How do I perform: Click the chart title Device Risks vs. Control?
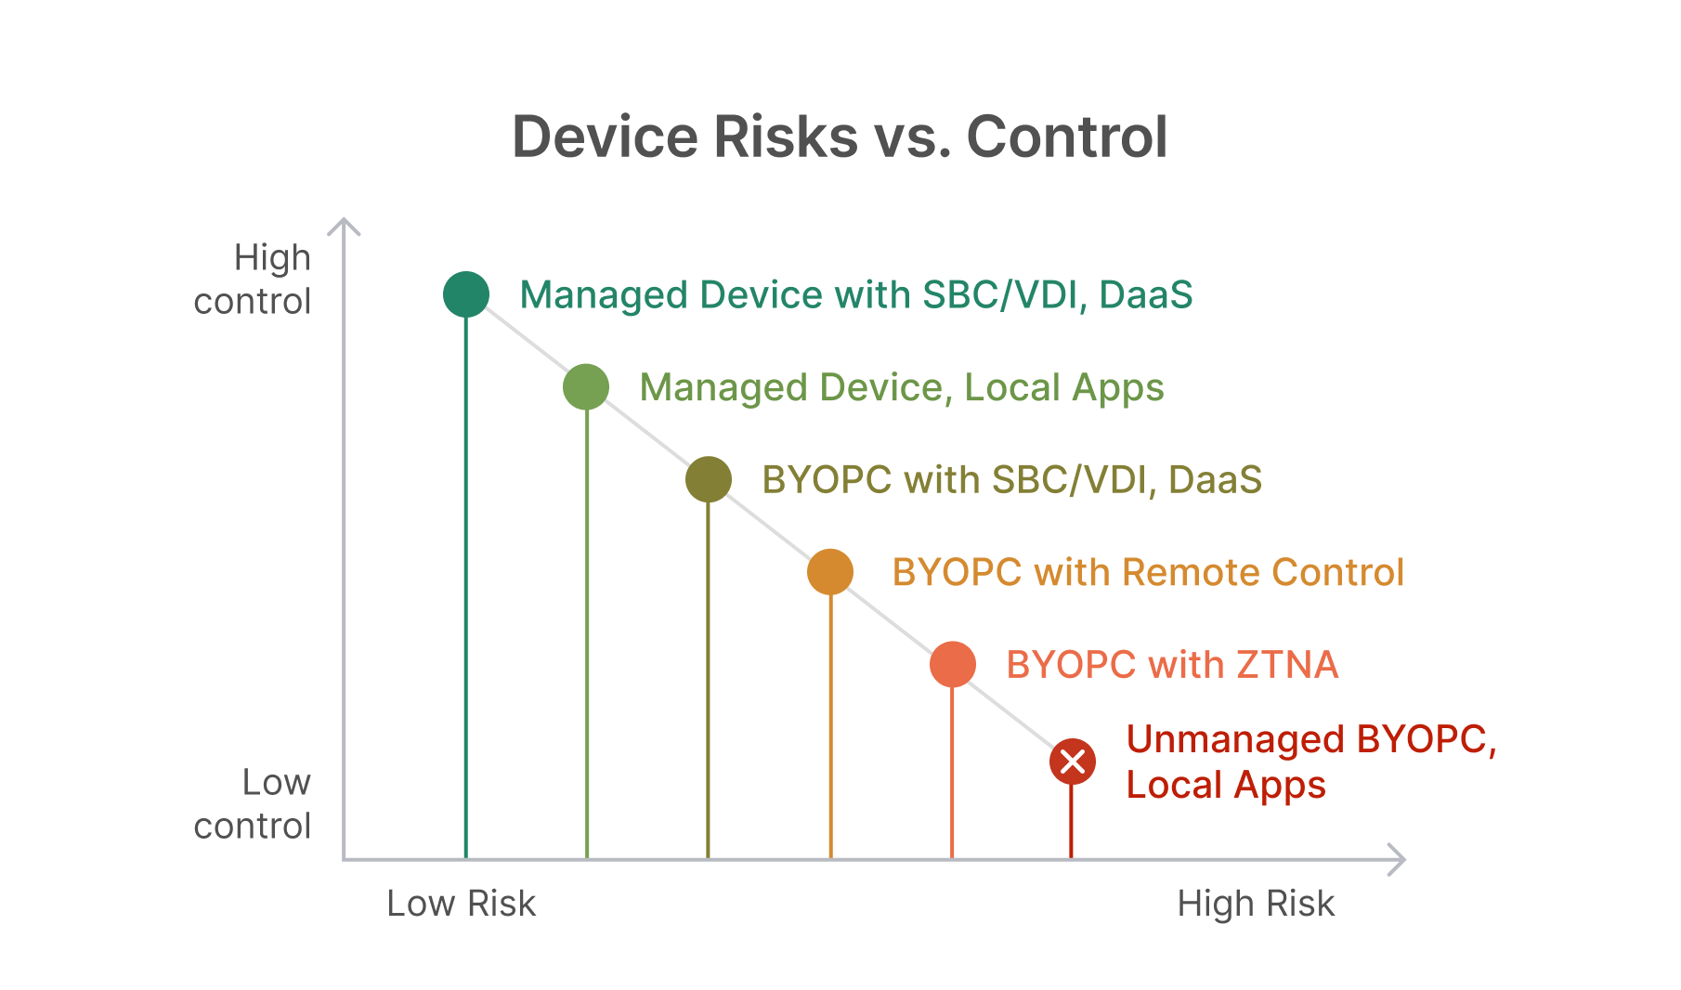[x=840, y=137]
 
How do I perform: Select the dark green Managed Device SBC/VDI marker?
[x=466, y=294]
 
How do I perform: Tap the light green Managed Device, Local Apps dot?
[x=586, y=386]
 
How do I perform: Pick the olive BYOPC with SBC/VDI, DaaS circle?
[x=709, y=479]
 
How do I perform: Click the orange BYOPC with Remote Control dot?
[x=830, y=571]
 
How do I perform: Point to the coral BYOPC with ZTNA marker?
[x=952, y=664]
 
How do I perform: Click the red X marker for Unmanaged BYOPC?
[x=1073, y=762]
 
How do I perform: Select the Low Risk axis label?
[x=461, y=903]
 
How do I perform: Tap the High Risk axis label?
[x=1256, y=903]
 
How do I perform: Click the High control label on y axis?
[x=253, y=279]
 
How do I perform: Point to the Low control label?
[x=253, y=803]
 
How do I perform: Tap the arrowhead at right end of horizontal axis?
[x=1399, y=860]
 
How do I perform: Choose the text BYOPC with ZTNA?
[x=1172, y=665]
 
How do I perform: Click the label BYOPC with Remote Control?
[x=1148, y=572]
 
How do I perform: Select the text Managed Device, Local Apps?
[x=902, y=387]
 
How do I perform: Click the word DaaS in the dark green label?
[x=1146, y=294]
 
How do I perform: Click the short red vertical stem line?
[x=1071, y=822]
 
